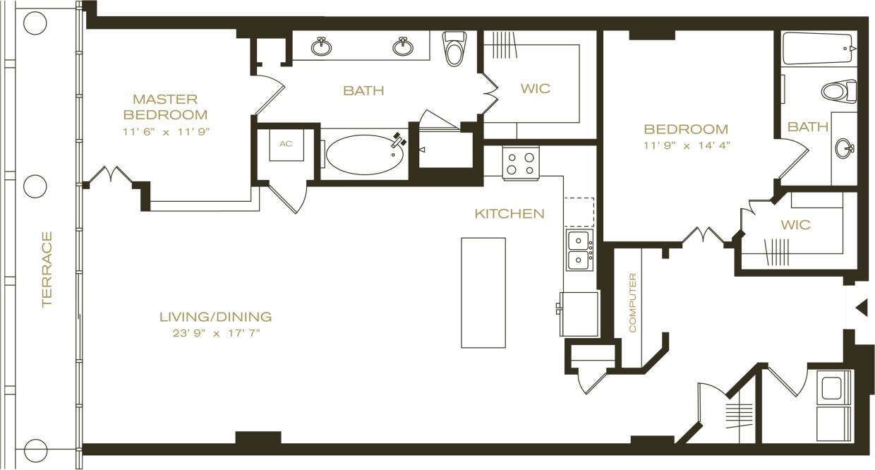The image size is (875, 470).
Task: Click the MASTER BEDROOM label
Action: point(165,107)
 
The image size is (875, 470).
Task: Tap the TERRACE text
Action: point(47,270)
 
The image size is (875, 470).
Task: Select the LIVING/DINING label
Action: point(215,317)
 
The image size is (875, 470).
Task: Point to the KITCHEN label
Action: point(509,213)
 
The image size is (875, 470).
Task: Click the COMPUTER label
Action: point(632,303)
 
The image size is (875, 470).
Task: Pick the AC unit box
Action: point(286,144)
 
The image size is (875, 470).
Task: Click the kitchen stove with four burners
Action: point(521,163)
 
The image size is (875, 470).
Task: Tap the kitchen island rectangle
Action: point(483,292)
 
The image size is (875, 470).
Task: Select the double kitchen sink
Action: point(580,250)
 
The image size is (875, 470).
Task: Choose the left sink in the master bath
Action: point(322,47)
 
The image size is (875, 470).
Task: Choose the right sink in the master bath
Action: point(403,47)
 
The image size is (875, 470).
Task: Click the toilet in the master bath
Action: point(453,48)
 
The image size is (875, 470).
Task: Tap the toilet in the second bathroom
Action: point(838,91)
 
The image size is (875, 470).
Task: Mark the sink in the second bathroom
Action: point(843,149)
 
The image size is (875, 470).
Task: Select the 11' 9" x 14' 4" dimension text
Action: point(686,145)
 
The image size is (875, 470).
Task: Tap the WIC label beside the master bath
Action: point(535,89)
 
